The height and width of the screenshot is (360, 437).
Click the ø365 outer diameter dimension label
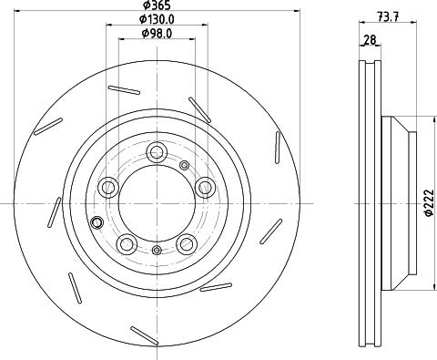pos(157,5)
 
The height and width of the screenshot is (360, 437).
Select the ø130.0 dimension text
pos(157,19)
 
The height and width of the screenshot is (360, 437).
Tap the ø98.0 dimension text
pos(157,34)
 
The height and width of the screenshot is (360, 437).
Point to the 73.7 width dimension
pos(388,16)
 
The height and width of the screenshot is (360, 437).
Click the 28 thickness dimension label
pos(370,40)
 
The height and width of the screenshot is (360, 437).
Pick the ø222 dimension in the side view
pos(429,203)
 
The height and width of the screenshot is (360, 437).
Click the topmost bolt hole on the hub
pos(157,152)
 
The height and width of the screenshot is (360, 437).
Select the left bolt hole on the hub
pos(107,187)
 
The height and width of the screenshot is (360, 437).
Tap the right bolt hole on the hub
pos(205,187)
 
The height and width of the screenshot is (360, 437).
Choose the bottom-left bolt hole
pos(127,243)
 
